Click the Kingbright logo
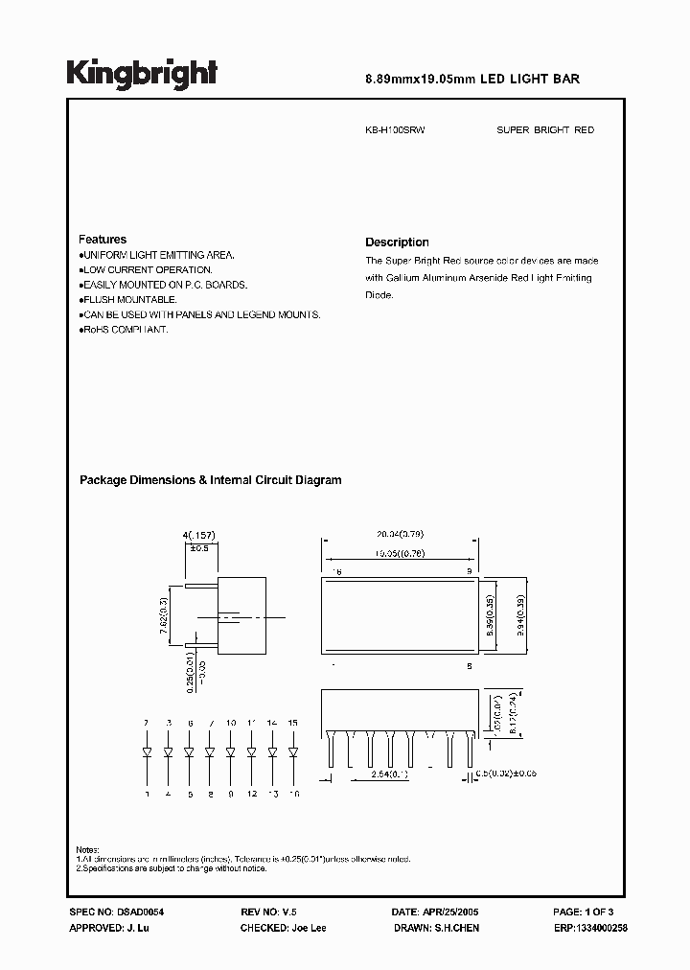pos(142,73)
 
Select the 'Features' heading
pos(103,240)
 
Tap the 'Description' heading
pos(397,242)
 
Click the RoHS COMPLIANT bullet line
pos(125,330)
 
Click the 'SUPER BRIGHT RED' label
pos(544,129)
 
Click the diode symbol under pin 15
pos(292,751)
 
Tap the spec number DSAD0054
pos(128,914)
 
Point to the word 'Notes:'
pos(87,850)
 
